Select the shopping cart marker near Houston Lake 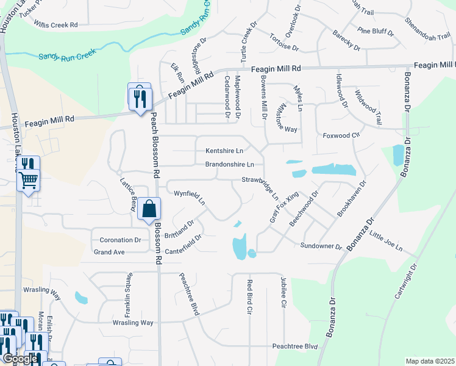29,180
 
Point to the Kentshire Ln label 224,151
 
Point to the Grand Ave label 109,252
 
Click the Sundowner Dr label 321,246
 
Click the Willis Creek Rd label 56,25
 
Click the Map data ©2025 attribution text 430,361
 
